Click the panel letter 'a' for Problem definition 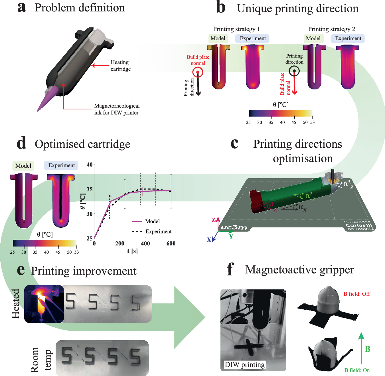22,8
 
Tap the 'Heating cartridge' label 120,65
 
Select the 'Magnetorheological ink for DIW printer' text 117,109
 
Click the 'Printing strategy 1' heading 236,29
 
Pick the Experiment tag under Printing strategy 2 348,39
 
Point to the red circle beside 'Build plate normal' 198,72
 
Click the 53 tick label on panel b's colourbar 312,122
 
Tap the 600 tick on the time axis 171,243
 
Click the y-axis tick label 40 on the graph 90,165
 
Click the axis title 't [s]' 132,251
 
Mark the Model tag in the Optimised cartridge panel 23,166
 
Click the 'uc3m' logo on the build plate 234,228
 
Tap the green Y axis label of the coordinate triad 231,237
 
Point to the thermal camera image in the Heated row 44,304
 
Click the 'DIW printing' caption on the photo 245,365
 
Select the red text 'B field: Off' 356,294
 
